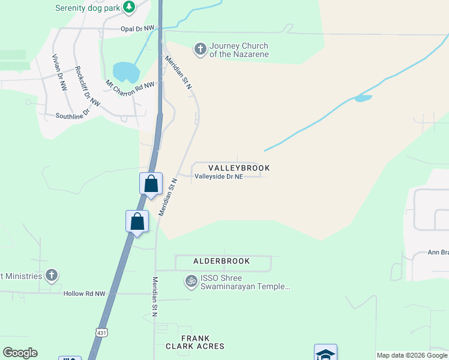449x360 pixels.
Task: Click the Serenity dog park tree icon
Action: click(128, 7)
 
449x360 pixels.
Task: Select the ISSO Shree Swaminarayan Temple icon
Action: click(191, 280)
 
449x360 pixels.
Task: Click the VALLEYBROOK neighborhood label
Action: click(239, 168)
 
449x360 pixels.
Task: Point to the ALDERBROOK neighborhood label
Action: click(221, 262)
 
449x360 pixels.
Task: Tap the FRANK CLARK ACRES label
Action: click(194, 342)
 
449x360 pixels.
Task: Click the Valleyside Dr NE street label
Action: click(218, 177)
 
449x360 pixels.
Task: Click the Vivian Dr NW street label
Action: click(59, 72)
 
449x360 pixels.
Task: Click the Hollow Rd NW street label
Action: click(84, 293)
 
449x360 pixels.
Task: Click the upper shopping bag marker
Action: click(151, 183)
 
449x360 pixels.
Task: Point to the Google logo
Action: click(20, 353)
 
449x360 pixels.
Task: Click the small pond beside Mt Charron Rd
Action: click(126, 71)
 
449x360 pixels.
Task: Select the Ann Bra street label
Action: click(438, 253)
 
